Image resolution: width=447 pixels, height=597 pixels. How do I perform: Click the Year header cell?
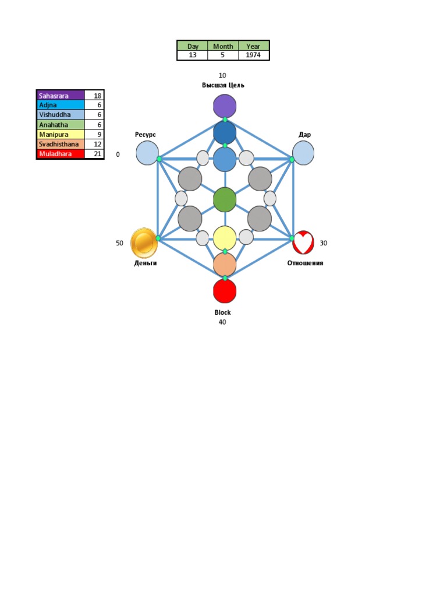tap(253, 46)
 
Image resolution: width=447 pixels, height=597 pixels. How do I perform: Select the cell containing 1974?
tap(253, 55)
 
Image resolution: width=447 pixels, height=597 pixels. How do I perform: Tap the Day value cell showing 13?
tap(192, 55)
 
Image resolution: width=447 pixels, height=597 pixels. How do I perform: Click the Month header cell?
tap(223, 46)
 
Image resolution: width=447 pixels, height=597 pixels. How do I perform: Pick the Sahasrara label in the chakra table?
tap(61, 96)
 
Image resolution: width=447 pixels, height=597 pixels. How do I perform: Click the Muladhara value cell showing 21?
tap(94, 154)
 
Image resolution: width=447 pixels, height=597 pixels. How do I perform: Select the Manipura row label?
tap(61, 135)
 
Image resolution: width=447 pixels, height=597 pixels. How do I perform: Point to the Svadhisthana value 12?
tap(94, 144)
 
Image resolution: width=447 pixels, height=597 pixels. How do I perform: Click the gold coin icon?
tap(144, 243)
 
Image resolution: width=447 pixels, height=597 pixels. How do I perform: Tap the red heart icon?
tap(303, 243)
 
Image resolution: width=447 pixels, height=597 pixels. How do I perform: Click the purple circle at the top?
tap(225, 106)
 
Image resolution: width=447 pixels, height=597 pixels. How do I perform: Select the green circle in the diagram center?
tap(225, 200)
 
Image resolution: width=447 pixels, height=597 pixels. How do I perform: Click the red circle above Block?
tap(225, 291)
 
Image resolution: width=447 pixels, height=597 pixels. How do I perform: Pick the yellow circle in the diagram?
tap(225, 238)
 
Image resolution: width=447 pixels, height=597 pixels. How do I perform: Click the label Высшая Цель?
tap(223, 85)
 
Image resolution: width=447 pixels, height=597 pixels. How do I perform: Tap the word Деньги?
tap(145, 263)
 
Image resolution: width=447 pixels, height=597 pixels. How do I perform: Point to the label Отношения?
tap(305, 263)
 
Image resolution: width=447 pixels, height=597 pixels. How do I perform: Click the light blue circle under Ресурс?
tap(147, 153)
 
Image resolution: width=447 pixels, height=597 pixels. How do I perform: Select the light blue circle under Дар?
tap(303, 153)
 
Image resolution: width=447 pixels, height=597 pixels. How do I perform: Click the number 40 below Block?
tap(222, 322)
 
